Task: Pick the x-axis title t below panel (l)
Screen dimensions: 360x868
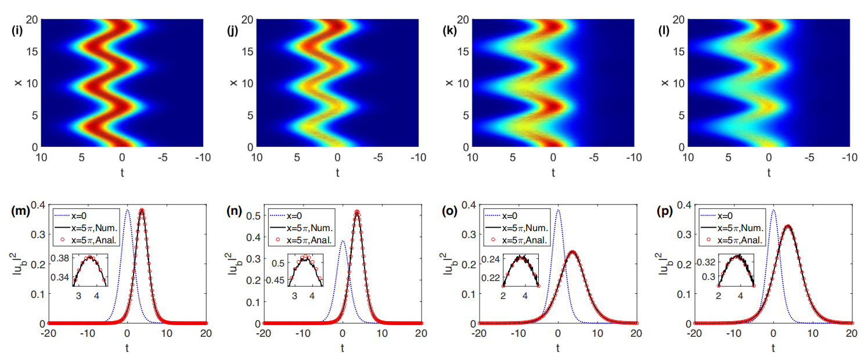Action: [x=769, y=172]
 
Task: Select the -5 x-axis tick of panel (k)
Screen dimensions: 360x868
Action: [x=594, y=157]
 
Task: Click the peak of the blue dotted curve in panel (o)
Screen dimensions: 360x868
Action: [x=558, y=210]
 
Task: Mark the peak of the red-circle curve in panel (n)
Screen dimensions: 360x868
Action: [x=357, y=211]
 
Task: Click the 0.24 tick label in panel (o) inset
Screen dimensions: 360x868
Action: [x=494, y=259]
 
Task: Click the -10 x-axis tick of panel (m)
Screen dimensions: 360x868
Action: [x=88, y=333]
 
